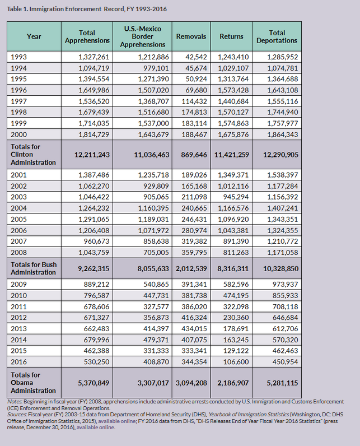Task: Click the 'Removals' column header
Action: (191, 36)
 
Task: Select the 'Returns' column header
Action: (231, 36)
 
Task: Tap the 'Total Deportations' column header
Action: (277, 36)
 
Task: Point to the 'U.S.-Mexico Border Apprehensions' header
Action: (143, 36)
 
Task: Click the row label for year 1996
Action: (18, 90)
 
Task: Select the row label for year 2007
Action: (18, 241)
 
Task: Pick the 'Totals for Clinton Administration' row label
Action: (33, 155)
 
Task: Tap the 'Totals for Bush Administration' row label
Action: (34, 268)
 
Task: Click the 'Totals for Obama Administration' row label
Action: (33, 383)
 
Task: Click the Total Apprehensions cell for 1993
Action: (93, 57)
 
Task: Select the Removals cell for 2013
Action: (194, 329)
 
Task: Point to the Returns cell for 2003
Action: (236, 197)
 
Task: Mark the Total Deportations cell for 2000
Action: (282, 134)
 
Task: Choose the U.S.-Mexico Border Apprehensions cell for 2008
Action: (156, 253)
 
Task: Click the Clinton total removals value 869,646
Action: (194, 155)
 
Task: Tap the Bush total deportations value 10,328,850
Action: (280, 269)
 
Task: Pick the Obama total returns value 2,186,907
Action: (233, 383)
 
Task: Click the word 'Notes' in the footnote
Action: (15, 402)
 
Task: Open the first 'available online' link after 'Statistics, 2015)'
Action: (117, 421)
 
